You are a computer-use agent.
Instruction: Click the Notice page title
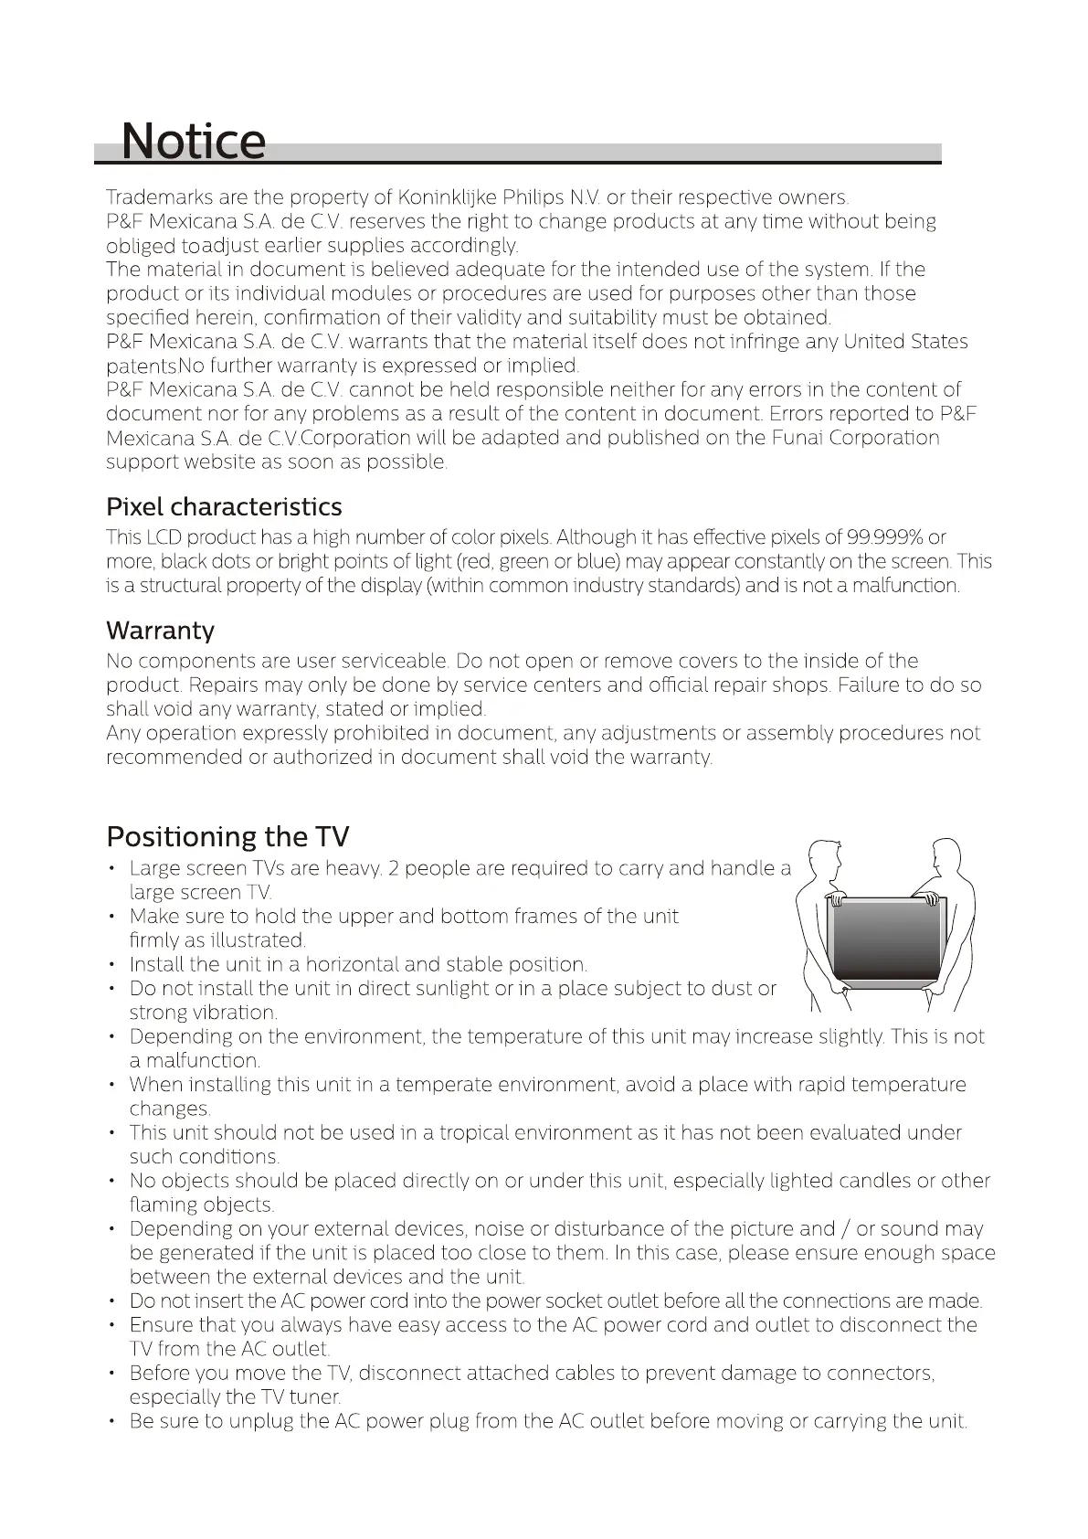click(193, 141)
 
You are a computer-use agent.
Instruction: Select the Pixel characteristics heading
click(224, 507)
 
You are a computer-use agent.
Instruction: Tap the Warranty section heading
click(160, 631)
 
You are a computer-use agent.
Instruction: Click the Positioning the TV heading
click(227, 836)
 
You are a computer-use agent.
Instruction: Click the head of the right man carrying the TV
click(944, 856)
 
